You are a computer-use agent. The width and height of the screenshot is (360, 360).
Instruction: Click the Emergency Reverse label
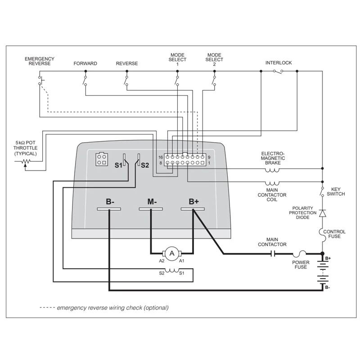(x=40, y=61)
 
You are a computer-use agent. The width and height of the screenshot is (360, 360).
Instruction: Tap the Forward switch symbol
(x=85, y=80)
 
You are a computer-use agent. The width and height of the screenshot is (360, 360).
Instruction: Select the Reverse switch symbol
(x=126, y=80)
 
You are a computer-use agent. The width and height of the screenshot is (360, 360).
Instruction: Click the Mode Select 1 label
(x=177, y=59)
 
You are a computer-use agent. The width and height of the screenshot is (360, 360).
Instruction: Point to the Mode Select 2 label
(x=214, y=59)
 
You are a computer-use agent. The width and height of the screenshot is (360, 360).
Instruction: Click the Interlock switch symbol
(x=279, y=71)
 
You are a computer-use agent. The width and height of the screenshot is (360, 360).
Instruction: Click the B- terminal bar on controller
(x=109, y=209)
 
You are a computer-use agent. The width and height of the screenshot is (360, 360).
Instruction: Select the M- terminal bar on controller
(x=151, y=209)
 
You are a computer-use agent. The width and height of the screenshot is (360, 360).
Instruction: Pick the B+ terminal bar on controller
(x=193, y=209)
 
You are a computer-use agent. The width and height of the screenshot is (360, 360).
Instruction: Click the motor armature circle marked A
(x=171, y=254)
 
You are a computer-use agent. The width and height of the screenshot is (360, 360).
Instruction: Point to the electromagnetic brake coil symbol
(x=272, y=170)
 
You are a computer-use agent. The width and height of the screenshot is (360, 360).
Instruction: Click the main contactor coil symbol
(x=272, y=183)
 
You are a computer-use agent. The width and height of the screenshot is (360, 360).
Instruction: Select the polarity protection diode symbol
(x=322, y=212)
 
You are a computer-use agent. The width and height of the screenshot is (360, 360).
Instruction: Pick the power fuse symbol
(x=301, y=254)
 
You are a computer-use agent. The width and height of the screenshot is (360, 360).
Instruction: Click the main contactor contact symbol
(x=272, y=254)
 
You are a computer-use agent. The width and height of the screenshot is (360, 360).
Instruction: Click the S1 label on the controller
(x=118, y=165)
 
